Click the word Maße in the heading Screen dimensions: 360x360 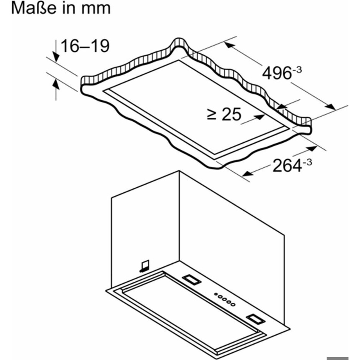[33, 8]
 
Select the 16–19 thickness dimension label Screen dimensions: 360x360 [85, 46]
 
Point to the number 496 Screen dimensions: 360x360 [277, 73]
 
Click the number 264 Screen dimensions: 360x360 [287, 166]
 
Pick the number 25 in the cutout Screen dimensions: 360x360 [231, 114]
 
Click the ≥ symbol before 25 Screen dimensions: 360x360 [211, 115]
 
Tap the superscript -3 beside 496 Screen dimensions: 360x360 [297, 69]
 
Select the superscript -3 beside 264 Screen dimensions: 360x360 [307, 162]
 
